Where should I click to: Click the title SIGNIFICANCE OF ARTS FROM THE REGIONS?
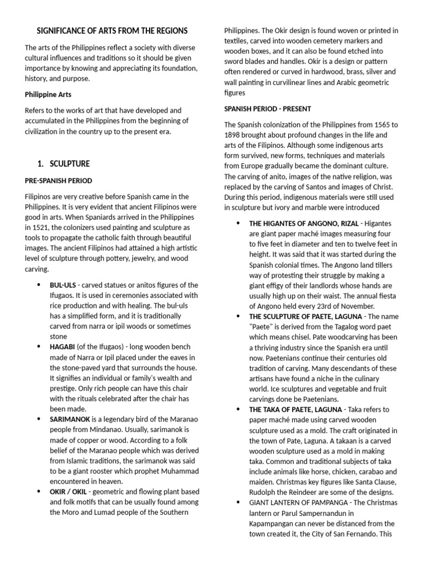(112, 31)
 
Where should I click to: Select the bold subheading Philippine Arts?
(48, 94)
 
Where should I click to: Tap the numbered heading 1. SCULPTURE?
(63, 164)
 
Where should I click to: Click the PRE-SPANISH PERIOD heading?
(59, 180)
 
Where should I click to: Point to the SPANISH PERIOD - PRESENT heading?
(267, 109)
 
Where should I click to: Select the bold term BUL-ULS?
(62, 285)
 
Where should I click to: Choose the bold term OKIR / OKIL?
(72, 492)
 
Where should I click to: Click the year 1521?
(38, 227)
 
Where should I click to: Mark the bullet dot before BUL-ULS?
(39, 285)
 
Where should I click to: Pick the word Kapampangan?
(276, 524)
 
